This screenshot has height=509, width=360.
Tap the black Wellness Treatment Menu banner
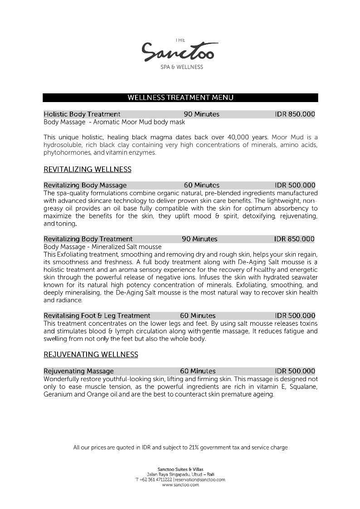tap(180, 98)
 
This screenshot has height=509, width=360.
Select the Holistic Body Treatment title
tap(82, 114)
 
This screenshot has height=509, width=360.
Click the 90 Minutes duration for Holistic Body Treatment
tap(201, 114)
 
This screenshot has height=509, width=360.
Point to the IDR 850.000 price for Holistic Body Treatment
tap(295, 114)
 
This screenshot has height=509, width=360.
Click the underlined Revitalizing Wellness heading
tap(88, 170)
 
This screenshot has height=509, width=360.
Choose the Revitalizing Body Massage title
tap(85, 185)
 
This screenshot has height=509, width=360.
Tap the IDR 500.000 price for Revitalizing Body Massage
tap(295, 185)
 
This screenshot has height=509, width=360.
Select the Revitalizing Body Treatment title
tap(88, 239)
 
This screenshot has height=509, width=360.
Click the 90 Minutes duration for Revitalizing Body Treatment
tap(199, 239)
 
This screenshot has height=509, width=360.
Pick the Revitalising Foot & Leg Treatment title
tap(97, 316)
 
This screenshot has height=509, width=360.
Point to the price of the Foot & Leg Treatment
tap(295, 316)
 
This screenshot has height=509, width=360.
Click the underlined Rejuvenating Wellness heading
tap(91, 355)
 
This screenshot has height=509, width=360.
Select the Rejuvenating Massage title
tap(79, 371)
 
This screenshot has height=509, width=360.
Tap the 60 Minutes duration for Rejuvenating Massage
tap(198, 371)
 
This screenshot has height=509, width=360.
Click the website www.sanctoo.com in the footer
tap(180, 485)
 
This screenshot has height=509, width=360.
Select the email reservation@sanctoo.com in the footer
tap(200, 480)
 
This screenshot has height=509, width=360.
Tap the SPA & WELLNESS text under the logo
tap(182, 67)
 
